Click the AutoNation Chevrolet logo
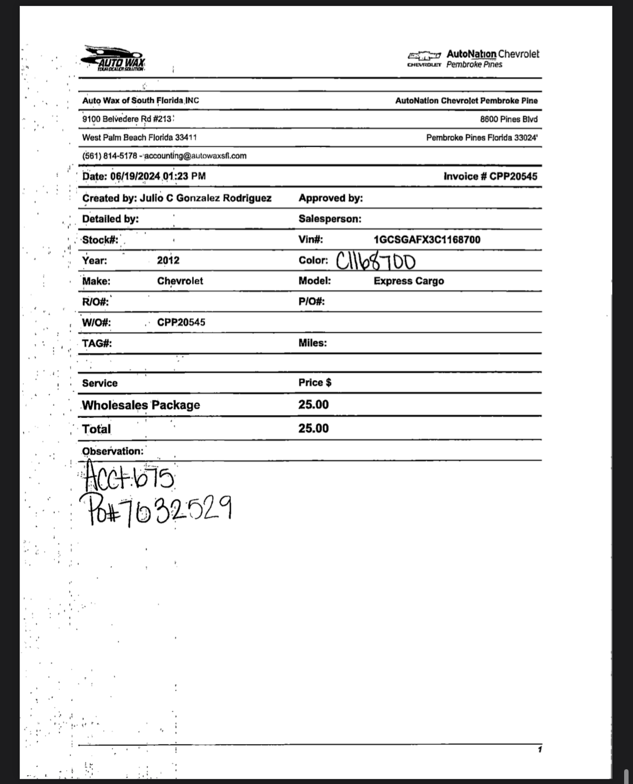pos(473,59)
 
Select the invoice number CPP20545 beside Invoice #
pos(513,177)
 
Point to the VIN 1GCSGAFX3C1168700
pos(427,240)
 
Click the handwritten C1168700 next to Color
pos(376,261)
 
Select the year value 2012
pos(168,260)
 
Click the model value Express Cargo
pos(409,281)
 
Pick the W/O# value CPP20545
pos(181,322)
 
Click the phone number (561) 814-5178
pos(109,156)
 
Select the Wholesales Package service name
pos(141,405)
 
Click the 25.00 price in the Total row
pos(313,428)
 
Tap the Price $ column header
pos(315,383)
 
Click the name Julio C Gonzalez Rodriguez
pos(205,198)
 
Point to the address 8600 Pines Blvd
pos(509,119)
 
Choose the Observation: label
pos(112,451)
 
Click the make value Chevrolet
pos(180,281)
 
